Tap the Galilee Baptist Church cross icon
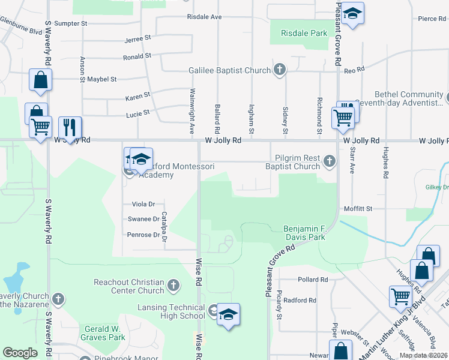pyautogui.click(x=279, y=70)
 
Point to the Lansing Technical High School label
pyautogui.click(x=167, y=311)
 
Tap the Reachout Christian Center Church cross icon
pyautogui.click(x=173, y=285)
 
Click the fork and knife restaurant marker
pyautogui.click(x=70, y=128)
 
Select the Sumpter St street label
pyautogui.click(x=71, y=23)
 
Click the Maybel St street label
pyautogui.click(x=101, y=79)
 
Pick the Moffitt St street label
pyautogui.click(x=358, y=208)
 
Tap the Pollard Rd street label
pyautogui.click(x=313, y=280)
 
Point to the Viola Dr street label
pyautogui.click(x=143, y=204)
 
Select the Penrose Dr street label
pyautogui.click(x=143, y=235)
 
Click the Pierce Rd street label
pyautogui.click(x=432, y=19)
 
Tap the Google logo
pyautogui.click(x=20, y=353)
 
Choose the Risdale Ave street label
pyautogui.click(x=205, y=17)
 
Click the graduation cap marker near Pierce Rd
pyautogui.click(x=354, y=14)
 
